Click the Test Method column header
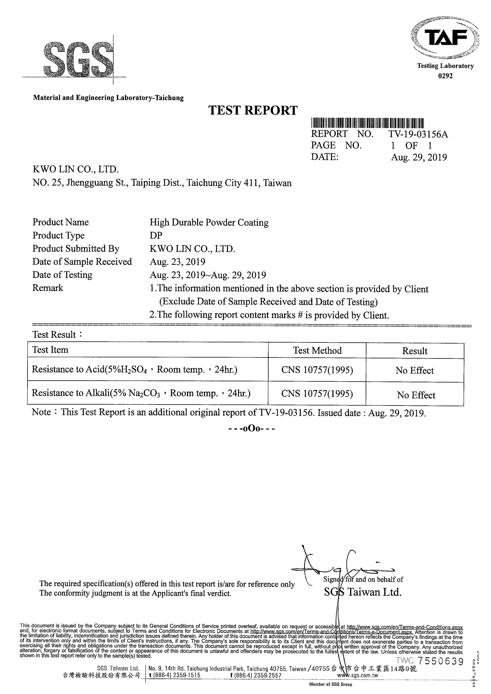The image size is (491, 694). tap(317, 350)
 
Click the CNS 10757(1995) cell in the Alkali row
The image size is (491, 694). tap(317, 393)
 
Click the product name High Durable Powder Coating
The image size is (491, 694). tap(209, 222)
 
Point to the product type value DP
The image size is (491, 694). tap(156, 235)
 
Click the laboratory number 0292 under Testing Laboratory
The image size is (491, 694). tap(445, 76)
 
